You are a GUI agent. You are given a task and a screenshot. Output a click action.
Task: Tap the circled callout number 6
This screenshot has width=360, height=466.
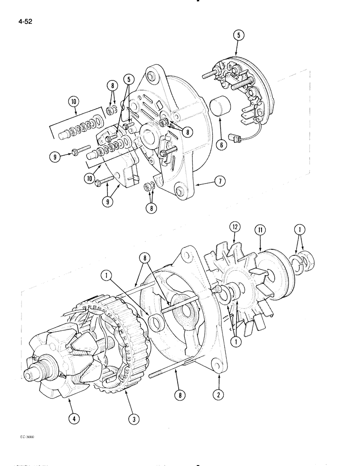point(222,145)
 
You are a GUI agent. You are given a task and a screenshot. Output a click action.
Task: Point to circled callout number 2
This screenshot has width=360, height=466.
point(218,394)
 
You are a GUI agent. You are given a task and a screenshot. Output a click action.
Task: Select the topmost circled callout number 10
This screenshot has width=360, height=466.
point(74,100)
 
